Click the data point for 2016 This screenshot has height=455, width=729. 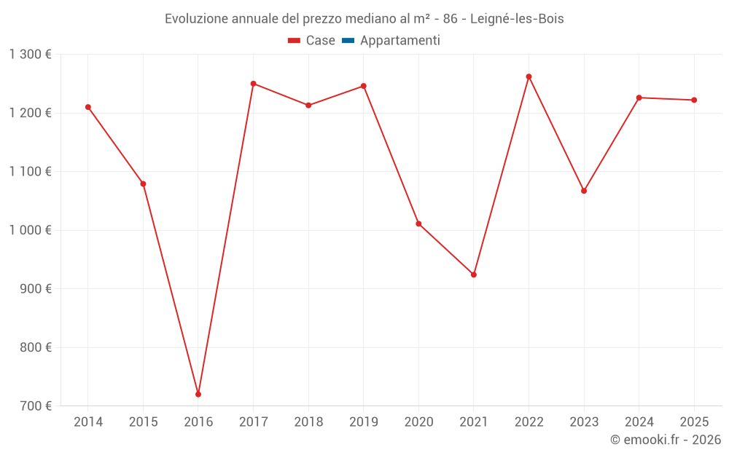198,394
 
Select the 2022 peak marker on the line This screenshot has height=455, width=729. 529,76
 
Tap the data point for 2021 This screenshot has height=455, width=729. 474,274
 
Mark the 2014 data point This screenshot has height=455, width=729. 88,107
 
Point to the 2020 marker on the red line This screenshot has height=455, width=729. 418,223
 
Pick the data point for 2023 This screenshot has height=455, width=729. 584,191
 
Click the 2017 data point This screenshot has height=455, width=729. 253,84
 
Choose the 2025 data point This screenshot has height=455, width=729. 694,100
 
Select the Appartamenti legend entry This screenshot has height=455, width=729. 399,41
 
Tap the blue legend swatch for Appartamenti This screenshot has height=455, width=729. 348,41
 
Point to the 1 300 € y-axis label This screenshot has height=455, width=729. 31,55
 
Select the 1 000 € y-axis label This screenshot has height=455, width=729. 31,230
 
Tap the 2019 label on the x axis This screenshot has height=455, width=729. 363,422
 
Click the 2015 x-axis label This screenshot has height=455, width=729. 143,422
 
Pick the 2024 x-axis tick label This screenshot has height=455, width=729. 639,422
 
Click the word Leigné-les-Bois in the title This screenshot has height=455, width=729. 517,19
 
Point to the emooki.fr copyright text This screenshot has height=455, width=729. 666,440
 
